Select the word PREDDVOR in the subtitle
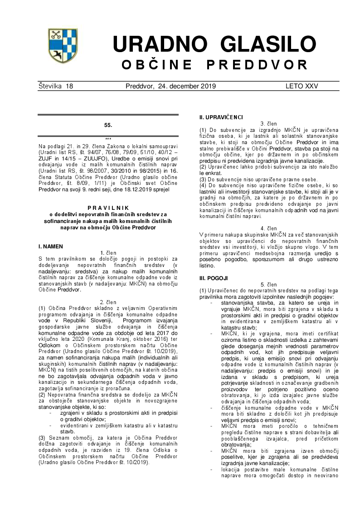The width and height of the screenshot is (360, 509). coord(257,65)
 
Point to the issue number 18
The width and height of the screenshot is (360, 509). coord(69,86)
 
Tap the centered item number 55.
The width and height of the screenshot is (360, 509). coord(108,125)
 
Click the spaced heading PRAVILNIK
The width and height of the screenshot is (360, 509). coord(108,207)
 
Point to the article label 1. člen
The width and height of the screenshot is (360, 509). coord(108,252)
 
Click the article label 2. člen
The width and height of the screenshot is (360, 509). coord(108,302)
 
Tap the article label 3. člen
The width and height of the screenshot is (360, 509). coord(269,124)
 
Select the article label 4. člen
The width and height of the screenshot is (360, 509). coord(269,228)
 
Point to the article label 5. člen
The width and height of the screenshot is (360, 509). coord(269,284)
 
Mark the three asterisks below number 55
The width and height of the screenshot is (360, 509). coord(108,139)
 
